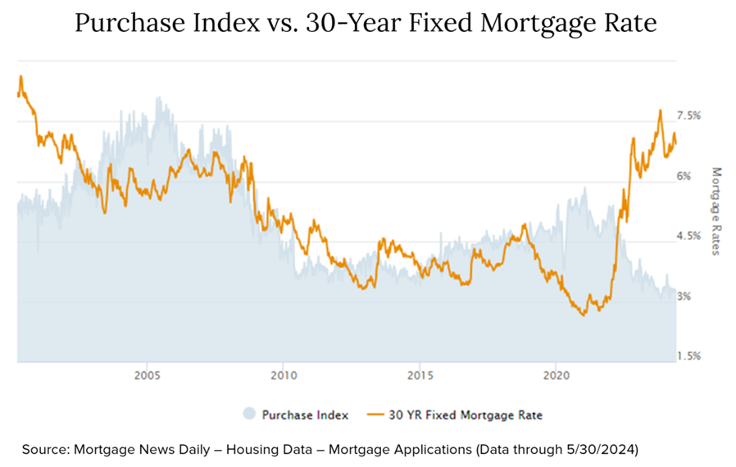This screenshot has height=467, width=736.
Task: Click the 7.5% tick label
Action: click(x=688, y=116)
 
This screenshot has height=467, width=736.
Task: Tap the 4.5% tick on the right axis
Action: click(x=688, y=236)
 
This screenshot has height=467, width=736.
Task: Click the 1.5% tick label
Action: click(x=688, y=356)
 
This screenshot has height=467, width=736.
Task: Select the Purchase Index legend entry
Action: click(x=305, y=415)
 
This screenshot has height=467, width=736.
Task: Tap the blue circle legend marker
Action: click(x=250, y=415)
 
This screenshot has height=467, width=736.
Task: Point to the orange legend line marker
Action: click(x=376, y=415)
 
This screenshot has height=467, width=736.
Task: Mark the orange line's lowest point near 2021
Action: click(x=583, y=315)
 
